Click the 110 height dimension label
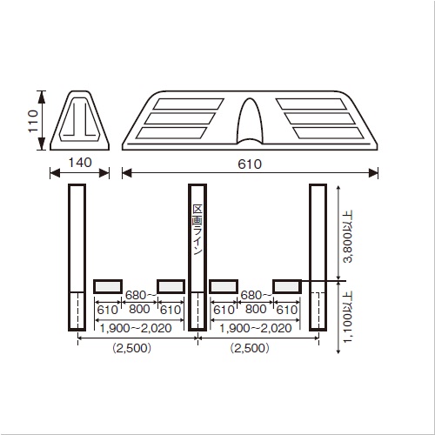[x=33, y=121]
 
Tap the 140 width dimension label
[x=80, y=163]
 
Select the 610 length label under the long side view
[x=250, y=164]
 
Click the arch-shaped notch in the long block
[x=250, y=121]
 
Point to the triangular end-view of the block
[x=80, y=120]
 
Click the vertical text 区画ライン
[x=197, y=230]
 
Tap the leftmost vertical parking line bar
[x=77, y=258]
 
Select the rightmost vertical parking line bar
[x=318, y=258]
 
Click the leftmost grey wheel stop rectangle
[x=108, y=286]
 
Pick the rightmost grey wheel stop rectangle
[x=287, y=286]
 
